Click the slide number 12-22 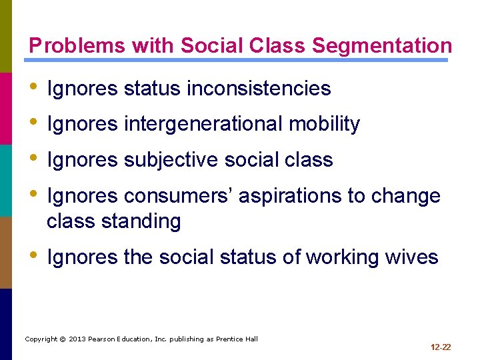point(441,347)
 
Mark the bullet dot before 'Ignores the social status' point(35,257)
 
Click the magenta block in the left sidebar point(5,108)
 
